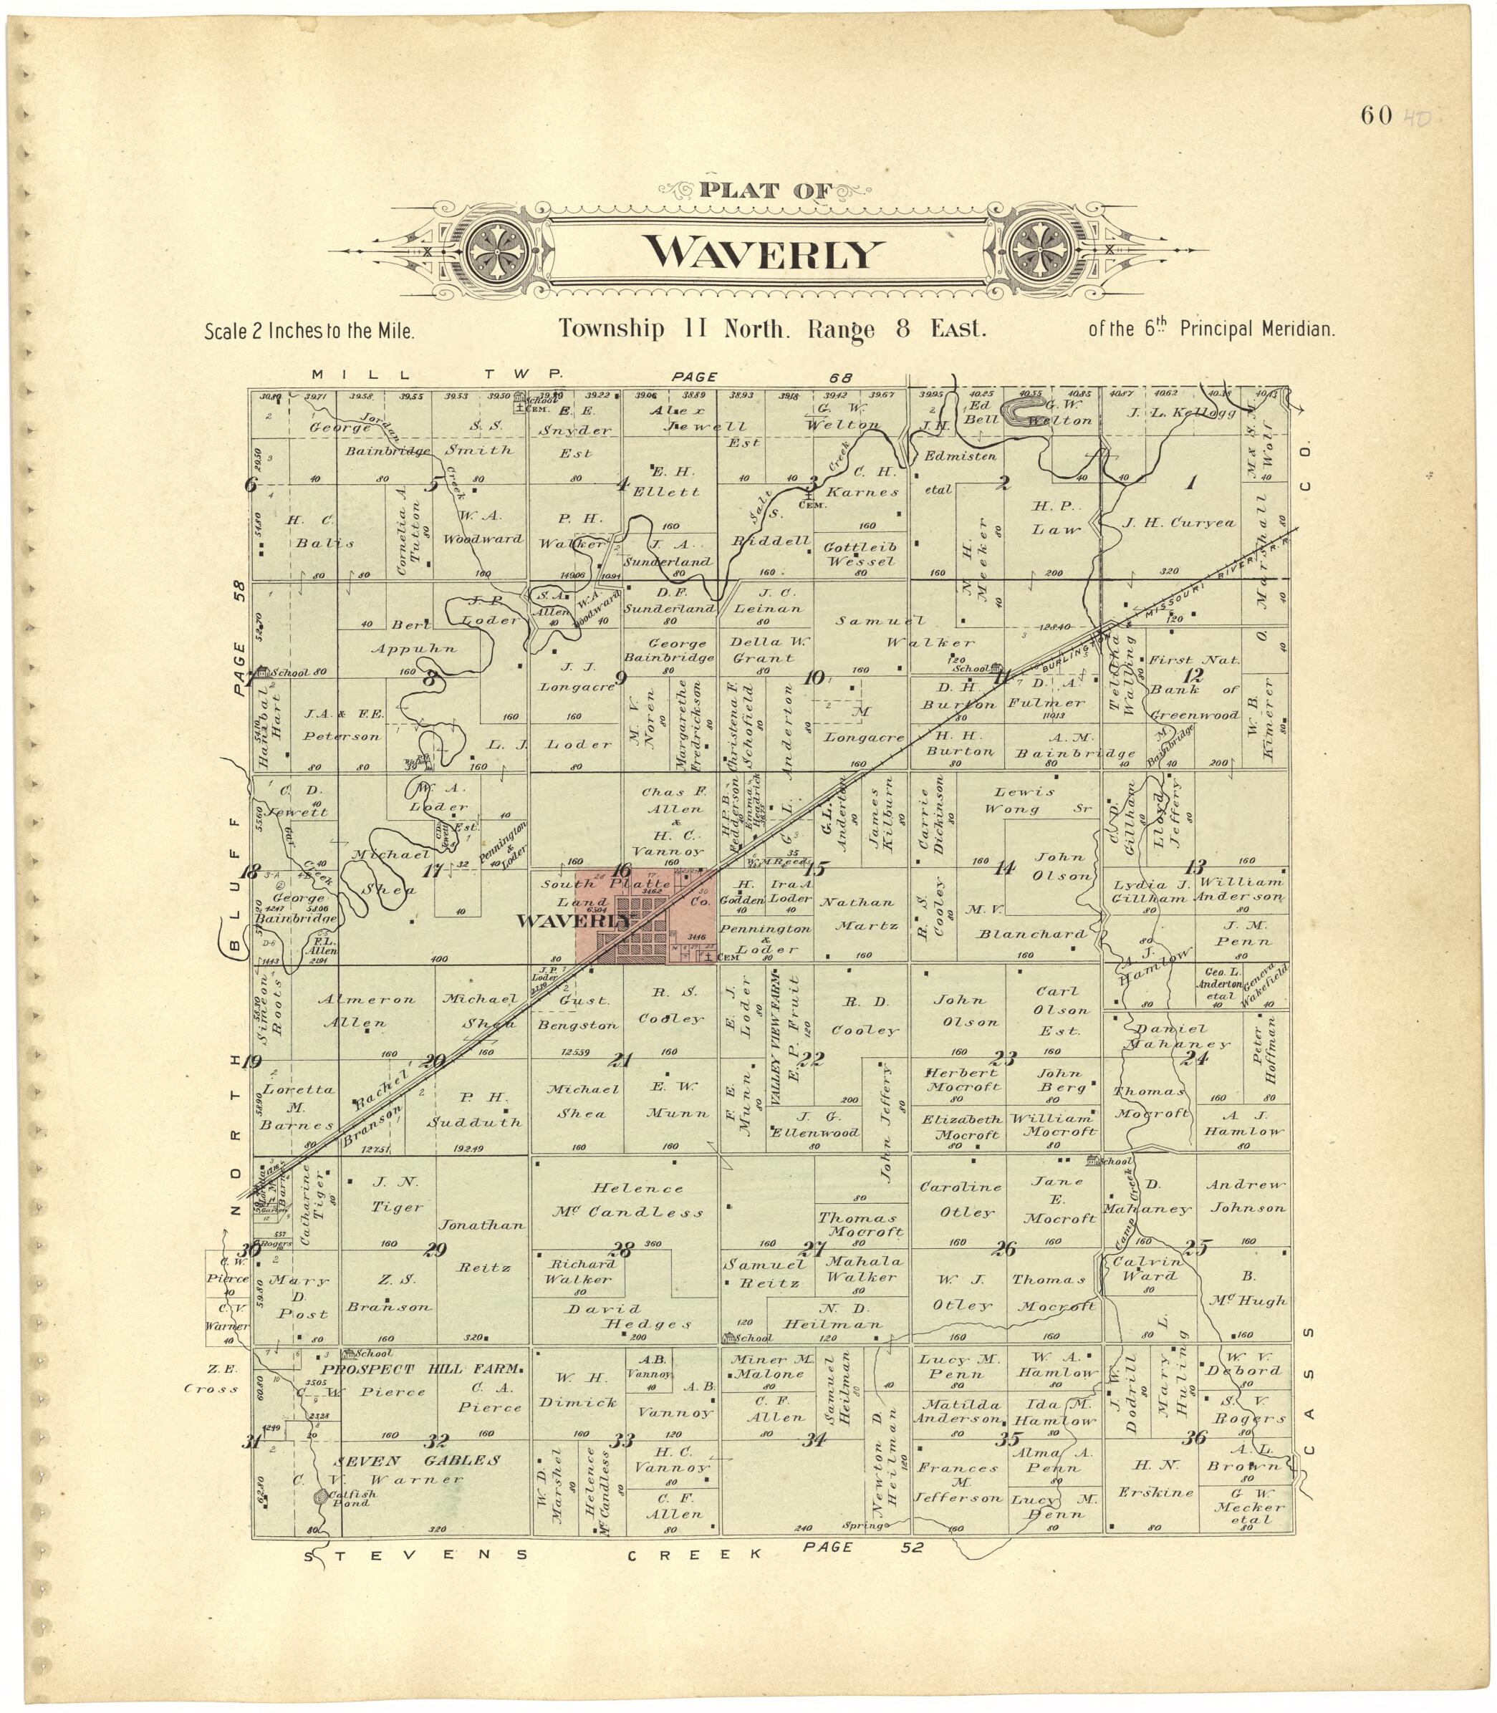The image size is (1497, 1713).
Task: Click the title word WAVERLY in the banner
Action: [x=764, y=252]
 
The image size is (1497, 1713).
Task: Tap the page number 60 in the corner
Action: [x=1376, y=115]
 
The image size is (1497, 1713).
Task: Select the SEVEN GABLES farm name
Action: [x=417, y=1460]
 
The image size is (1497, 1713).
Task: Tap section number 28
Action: [x=623, y=1250]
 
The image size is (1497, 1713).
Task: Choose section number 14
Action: [x=1004, y=868]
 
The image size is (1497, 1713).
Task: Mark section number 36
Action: [x=1195, y=1437]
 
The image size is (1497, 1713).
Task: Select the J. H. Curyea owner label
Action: [x=1179, y=523]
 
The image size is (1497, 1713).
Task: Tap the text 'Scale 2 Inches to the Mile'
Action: [x=309, y=332]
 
